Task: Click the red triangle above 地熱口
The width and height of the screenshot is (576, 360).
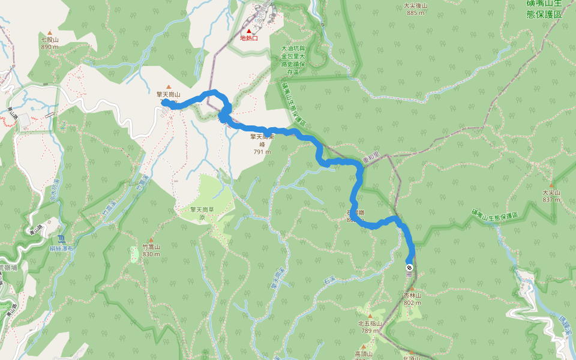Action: [x=249, y=31]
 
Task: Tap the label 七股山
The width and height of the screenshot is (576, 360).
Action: [x=50, y=40]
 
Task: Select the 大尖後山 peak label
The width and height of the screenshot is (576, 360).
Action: [x=415, y=6]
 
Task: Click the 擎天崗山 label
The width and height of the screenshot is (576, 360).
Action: [x=169, y=94]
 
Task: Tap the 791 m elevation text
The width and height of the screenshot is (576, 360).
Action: [x=262, y=152]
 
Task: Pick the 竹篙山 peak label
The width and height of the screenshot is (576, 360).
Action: [x=151, y=247]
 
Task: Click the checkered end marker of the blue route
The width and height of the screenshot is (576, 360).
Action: [x=409, y=268]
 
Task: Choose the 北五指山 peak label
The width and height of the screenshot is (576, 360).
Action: [x=370, y=323]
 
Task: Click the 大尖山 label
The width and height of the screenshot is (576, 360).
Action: [x=551, y=193]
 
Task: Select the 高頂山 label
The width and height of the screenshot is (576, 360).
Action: [x=364, y=354]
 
